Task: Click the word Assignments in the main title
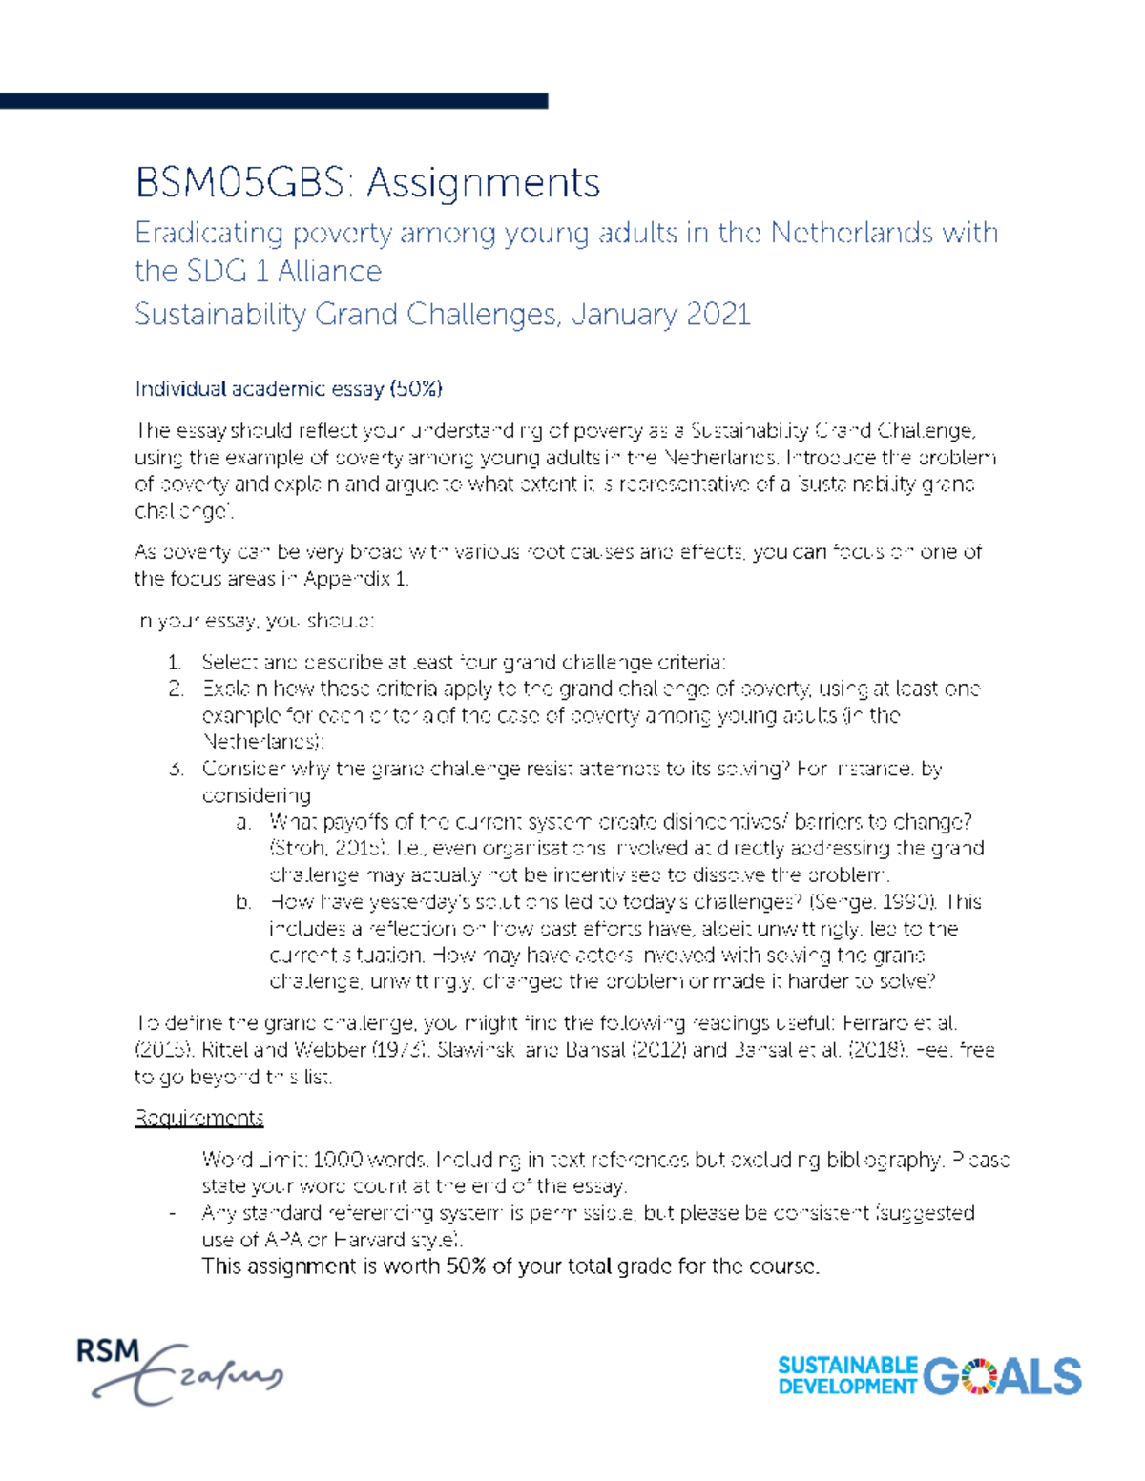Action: pyautogui.click(x=484, y=182)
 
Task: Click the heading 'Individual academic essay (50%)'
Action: pyautogui.click(x=288, y=388)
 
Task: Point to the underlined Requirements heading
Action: pyautogui.click(x=198, y=1118)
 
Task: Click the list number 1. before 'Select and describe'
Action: pyautogui.click(x=175, y=662)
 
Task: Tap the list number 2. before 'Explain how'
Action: pyautogui.click(x=175, y=689)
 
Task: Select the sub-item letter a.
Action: pyautogui.click(x=244, y=822)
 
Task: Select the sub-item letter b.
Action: pyautogui.click(x=244, y=902)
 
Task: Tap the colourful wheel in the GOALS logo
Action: pyautogui.click(x=978, y=1376)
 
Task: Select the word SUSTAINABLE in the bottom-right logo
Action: pyautogui.click(x=847, y=1366)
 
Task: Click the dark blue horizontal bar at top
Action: pyautogui.click(x=274, y=100)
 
